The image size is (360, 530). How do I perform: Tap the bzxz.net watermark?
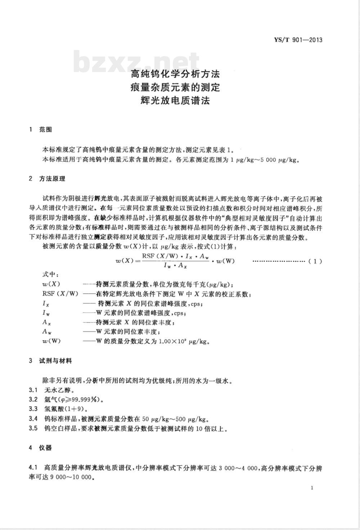[136, 62]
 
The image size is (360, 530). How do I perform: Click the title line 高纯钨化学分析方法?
[175, 75]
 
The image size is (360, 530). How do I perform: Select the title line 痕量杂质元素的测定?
[175, 87]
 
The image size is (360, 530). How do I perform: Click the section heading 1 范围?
[40, 130]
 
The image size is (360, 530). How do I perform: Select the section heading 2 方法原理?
[47, 179]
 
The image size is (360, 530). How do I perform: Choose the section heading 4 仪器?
[40, 448]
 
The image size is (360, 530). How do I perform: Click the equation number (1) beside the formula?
[315, 261]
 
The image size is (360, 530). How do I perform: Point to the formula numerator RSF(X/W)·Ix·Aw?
[175, 256]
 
